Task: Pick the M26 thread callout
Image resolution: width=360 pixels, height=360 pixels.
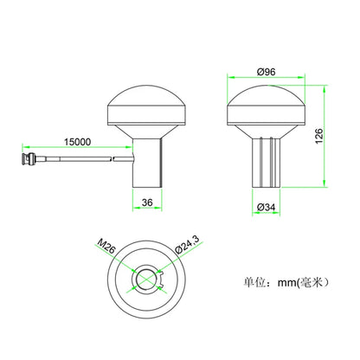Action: (106, 251)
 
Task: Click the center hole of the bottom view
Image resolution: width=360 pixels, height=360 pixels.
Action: (148, 279)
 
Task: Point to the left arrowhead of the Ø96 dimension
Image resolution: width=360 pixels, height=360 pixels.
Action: (229, 80)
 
